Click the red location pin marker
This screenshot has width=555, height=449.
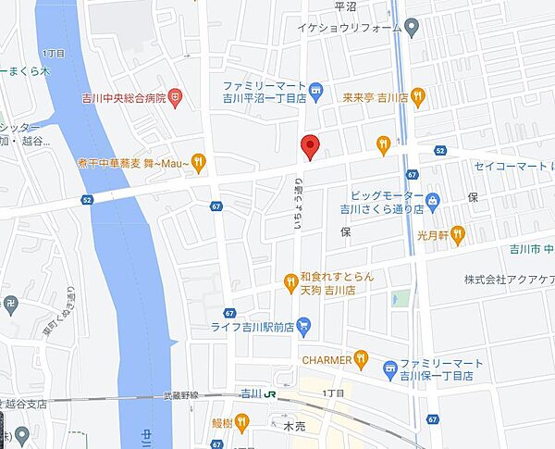point(311,146)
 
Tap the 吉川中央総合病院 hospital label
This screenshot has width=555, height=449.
point(122,96)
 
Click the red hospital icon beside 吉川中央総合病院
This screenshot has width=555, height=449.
point(176,96)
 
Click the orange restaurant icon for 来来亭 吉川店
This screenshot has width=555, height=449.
point(418,95)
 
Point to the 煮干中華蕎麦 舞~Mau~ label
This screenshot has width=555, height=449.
point(134,164)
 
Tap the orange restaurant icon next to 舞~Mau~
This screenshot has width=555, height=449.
point(198,164)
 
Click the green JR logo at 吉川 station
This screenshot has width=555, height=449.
point(270,393)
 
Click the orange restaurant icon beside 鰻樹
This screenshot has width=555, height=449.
point(241,422)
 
